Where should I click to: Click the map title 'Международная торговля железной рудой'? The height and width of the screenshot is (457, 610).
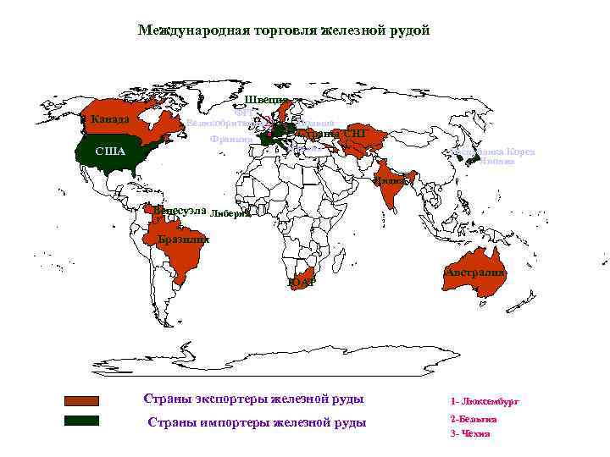pos(284,30)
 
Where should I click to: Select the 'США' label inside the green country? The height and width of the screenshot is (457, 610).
pos(110,151)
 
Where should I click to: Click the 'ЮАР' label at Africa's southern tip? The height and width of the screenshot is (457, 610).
pos(301,282)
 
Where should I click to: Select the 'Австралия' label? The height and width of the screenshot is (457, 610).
pos(475,273)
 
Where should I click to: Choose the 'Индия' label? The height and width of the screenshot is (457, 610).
pos(391,180)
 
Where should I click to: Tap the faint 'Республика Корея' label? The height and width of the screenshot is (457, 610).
pos(498,152)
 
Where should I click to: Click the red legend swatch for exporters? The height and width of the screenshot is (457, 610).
pos(82,400)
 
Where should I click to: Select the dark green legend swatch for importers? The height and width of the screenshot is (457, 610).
pos(82,421)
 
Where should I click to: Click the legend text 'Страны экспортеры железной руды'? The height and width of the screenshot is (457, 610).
pos(253,399)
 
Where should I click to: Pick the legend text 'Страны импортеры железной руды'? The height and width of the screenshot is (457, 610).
pos(257,422)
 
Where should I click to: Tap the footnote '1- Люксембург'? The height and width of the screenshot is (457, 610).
pos(485,402)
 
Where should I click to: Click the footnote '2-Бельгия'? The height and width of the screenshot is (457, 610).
pos(474,419)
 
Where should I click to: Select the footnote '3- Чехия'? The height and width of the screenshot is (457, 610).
pos(470,433)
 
